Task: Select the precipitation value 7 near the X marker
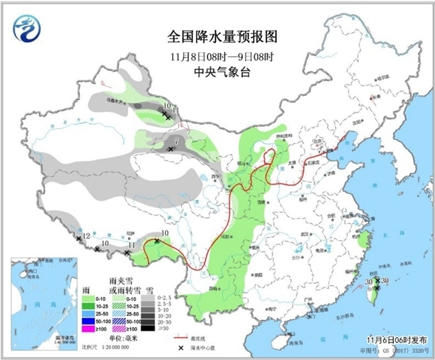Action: point(175,141)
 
